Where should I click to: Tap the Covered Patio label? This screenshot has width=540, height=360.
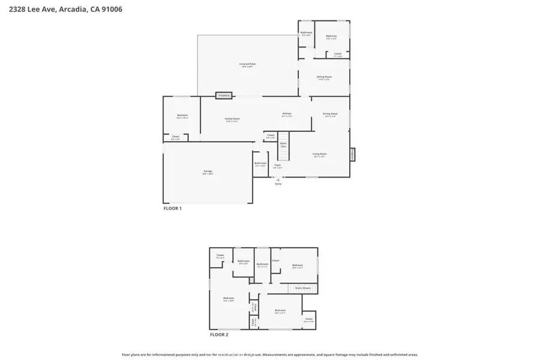pyautogui.click(x=248, y=64)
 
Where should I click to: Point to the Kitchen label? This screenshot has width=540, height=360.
pyautogui.click(x=287, y=115)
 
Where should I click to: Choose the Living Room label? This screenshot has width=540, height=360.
pyautogui.click(x=319, y=155)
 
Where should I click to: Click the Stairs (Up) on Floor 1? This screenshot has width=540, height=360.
pyautogui.click(x=283, y=145)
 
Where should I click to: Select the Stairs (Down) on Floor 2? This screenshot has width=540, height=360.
pyautogui.click(x=302, y=288)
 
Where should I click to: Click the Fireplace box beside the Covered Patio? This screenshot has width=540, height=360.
pyautogui.click(x=224, y=95)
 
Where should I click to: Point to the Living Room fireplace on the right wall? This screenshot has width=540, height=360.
pyautogui.click(x=352, y=154)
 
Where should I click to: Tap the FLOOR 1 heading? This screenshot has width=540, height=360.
pyautogui.click(x=173, y=208)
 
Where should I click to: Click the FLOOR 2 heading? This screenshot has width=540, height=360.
pyautogui.click(x=219, y=334)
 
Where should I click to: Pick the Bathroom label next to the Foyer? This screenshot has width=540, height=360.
pyautogui.click(x=260, y=164)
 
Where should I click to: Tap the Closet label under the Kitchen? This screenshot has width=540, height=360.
pyautogui.click(x=271, y=136)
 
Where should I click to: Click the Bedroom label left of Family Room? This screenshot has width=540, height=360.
pyautogui.click(x=182, y=116)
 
